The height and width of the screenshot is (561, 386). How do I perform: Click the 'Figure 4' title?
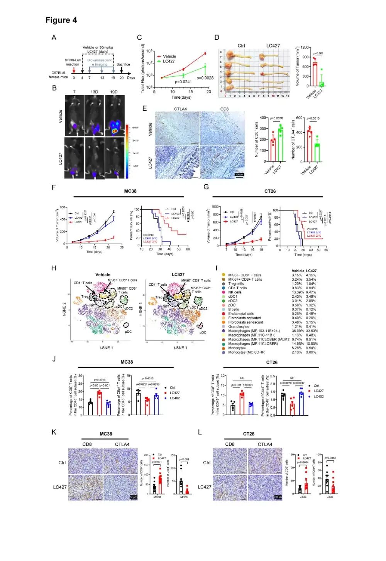point(61,20)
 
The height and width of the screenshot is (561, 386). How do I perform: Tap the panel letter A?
point(54,37)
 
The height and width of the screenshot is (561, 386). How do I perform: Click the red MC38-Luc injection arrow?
point(74,70)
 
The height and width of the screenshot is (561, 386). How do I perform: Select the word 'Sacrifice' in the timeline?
point(123,64)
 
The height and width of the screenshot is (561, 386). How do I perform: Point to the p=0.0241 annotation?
point(183,82)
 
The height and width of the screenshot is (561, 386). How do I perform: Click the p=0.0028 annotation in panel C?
point(205,78)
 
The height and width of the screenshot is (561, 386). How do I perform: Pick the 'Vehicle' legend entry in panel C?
point(169,56)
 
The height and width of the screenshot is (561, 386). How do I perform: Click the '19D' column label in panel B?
point(113,92)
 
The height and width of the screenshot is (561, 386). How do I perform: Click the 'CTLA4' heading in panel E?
point(180,109)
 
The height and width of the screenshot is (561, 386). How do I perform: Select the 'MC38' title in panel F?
point(130,191)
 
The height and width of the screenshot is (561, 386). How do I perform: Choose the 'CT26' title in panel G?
point(270,191)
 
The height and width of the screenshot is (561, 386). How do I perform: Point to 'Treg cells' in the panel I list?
point(236,284)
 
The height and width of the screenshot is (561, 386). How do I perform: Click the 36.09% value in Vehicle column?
point(297,331)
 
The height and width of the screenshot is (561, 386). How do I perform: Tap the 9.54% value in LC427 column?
point(311,348)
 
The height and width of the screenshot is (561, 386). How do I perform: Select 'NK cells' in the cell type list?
point(235,292)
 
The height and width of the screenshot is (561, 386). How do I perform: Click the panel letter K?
point(54,432)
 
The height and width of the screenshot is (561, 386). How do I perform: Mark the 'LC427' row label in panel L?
point(205,487)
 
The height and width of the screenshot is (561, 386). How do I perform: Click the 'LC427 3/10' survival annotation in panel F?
point(150,241)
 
